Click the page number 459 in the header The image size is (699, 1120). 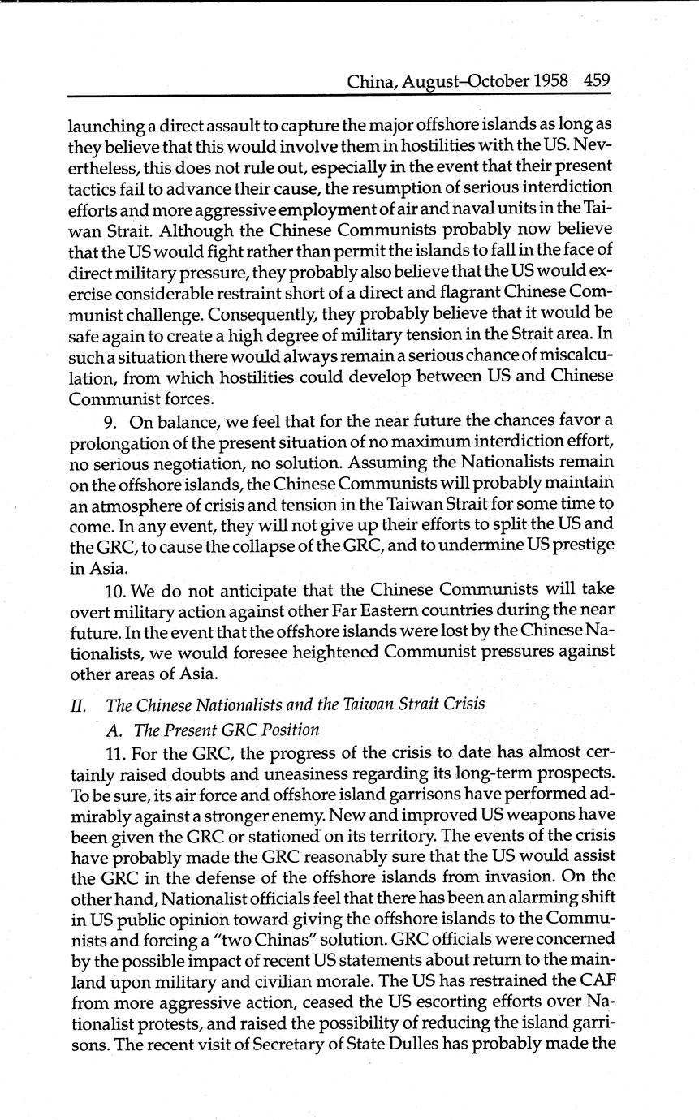point(596,81)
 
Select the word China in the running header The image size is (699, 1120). point(371,81)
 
